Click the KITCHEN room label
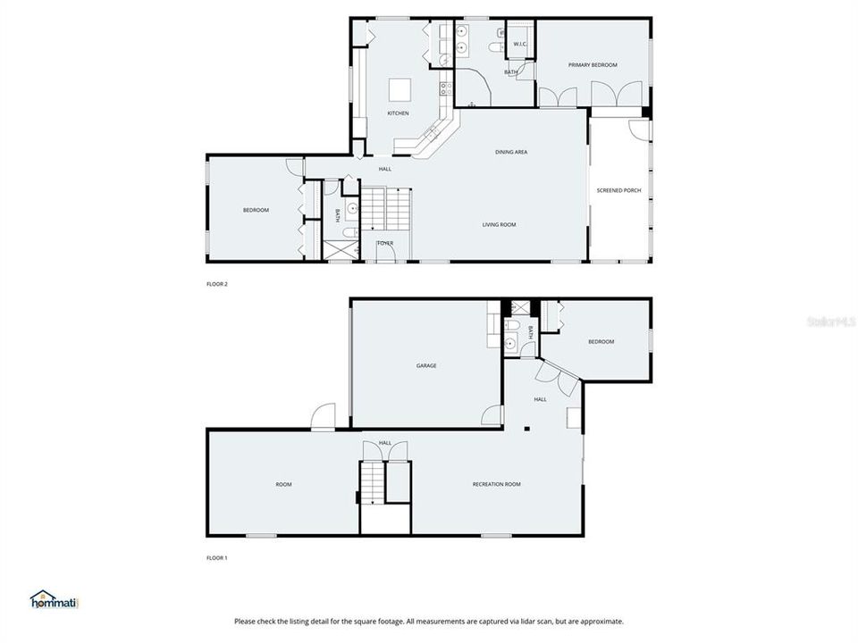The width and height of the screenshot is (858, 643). point(398,113)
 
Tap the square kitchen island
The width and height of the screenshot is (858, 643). point(399,90)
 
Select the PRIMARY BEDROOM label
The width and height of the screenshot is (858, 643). point(593,65)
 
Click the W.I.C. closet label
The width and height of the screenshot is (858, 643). point(519,44)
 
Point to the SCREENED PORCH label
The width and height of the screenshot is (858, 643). point(619,190)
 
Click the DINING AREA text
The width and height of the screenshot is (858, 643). point(511,152)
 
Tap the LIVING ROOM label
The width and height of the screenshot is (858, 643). point(500,225)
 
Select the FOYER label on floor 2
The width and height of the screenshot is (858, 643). point(385,243)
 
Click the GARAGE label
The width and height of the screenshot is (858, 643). point(426,365)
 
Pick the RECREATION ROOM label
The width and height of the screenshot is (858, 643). point(496,484)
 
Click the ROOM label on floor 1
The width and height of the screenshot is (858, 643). point(283,484)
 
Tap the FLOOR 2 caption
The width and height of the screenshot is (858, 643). point(217,284)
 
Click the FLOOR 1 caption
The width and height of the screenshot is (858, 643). point(217,558)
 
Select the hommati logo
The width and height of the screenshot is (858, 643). point(55,600)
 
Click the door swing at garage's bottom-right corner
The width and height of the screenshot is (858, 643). point(492,415)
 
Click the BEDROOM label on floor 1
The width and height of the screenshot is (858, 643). point(601,342)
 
